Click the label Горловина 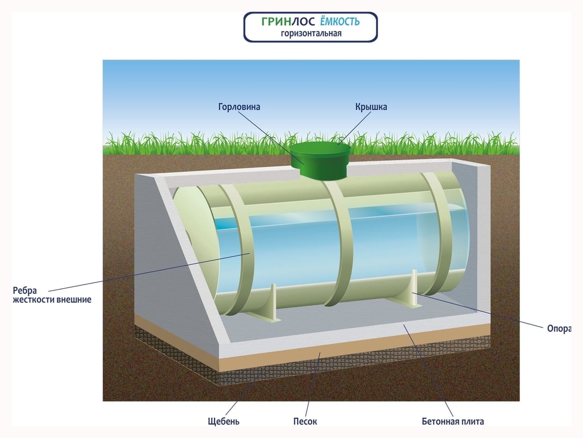click(239, 107)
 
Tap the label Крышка click(371, 107)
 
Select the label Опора click(559, 329)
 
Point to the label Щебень click(224, 421)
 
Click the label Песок click(305, 421)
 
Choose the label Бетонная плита click(453, 421)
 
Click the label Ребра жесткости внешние click(52, 295)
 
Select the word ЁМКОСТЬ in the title click(340, 21)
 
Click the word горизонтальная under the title click(311, 34)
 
